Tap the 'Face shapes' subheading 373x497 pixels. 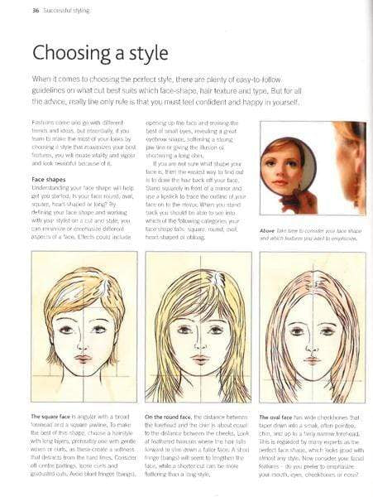[50, 178]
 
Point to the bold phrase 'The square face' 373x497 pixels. [54, 416]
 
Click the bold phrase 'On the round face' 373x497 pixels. [170, 416]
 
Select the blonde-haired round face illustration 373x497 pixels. [198, 327]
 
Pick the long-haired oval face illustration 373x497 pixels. [313, 327]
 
